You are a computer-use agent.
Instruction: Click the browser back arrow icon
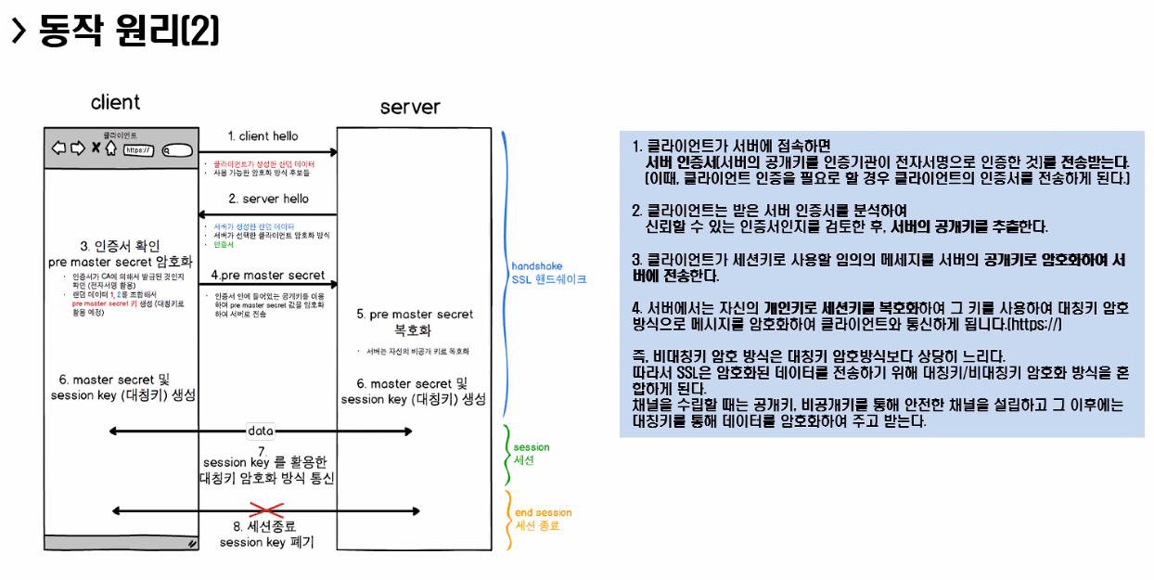(58, 148)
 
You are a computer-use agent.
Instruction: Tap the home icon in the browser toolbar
(110, 148)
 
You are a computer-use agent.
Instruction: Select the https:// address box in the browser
(138, 149)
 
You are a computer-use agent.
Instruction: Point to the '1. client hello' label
(263, 136)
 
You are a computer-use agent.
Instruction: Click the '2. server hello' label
(269, 199)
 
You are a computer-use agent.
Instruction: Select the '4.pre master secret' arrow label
(268, 275)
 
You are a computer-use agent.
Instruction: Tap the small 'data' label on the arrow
(261, 431)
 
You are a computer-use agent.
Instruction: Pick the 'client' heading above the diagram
(116, 102)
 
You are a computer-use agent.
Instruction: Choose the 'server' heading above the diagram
(410, 107)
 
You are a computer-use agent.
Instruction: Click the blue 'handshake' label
(537, 266)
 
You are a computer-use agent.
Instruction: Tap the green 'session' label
(532, 447)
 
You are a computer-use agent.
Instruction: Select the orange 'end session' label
(543, 512)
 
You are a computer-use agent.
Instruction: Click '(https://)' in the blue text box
(1027, 326)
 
